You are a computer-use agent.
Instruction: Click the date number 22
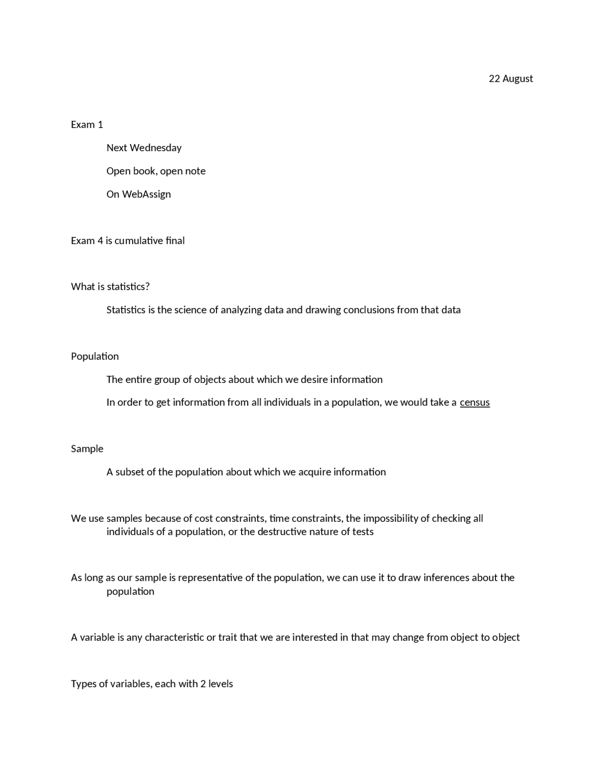coord(494,78)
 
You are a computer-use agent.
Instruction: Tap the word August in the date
coord(518,79)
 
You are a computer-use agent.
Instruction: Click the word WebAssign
coord(146,194)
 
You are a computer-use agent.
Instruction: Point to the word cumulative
coord(139,241)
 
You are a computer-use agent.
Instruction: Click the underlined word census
coord(475,402)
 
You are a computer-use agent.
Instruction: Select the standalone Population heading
coord(95,357)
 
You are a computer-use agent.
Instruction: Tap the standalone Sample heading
coord(87,449)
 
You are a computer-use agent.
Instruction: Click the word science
coord(191,310)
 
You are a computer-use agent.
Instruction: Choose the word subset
coord(130,472)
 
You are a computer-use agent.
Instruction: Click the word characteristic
coord(174,637)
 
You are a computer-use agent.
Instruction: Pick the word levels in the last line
coord(220,684)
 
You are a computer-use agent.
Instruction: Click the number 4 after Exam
coord(100,241)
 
